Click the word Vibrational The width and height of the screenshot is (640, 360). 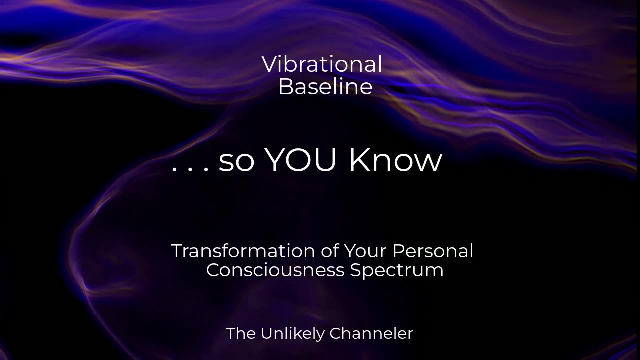click(x=322, y=64)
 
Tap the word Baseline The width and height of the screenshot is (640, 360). click(x=325, y=87)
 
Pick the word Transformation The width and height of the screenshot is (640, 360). click(x=243, y=251)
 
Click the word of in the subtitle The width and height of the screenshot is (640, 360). click(x=330, y=251)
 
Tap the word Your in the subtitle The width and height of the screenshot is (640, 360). click(x=365, y=251)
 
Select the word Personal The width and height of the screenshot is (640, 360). click(x=433, y=251)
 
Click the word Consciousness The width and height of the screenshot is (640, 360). click(x=275, y=270)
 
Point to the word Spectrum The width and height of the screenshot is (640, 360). click(x=397, y=271)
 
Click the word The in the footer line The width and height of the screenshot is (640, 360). click(x=241, y=333)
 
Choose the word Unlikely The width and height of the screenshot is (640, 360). click(x=293, y=334)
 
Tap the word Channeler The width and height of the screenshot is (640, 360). click(x=371, y=333)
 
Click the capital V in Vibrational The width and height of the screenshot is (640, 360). click(x=270, y=64)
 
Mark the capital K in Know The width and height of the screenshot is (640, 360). click(x=359, y=160)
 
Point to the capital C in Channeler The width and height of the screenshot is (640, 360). click(x=336, y=333)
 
